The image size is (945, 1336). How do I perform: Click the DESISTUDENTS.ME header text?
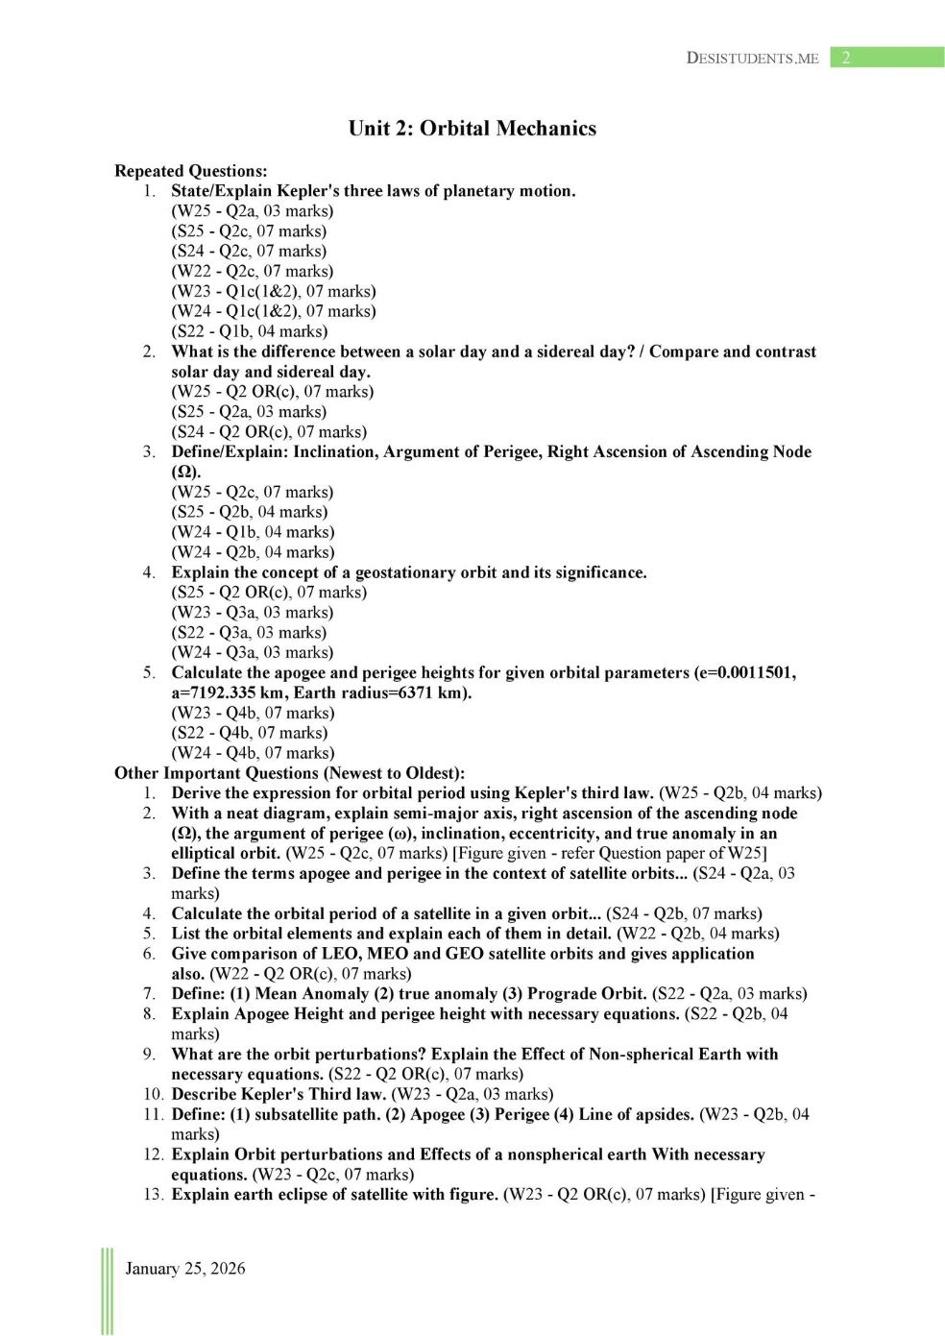point(752,58)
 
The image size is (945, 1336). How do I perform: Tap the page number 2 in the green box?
point(846,58)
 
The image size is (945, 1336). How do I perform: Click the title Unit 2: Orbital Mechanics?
point(472,129)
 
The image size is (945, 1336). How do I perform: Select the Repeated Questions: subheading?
point(190,171)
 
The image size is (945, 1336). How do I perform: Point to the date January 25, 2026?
point(185,1268)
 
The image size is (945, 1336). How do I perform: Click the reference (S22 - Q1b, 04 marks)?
point(250,331)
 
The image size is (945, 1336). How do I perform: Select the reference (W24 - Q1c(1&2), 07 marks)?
point(274,311)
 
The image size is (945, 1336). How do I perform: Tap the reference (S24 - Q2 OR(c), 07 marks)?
point(269,432)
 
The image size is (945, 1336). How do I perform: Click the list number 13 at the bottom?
point(153,1194)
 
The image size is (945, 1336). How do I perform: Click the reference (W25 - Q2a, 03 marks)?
point(253,211)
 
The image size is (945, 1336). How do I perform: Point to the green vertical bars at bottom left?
point(107,1291)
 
